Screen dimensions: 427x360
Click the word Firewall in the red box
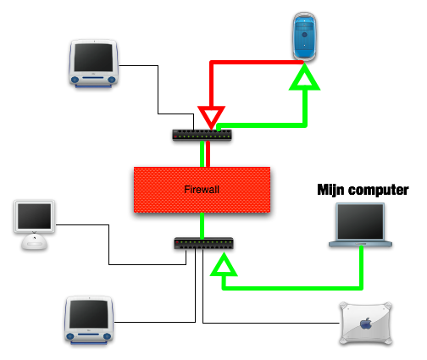pyautogui.click(x=202, y=190)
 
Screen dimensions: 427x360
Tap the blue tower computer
pyautogui.click(x=304, y=36)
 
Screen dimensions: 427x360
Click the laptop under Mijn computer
pyautogui.click(x=360, y=224)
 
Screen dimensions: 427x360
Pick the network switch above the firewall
pyautogui.click(x=202, y=135)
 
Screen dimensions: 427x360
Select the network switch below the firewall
pyautogui.click(x=204, y=243)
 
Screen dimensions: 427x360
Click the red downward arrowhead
pyautogui.click(x=211, y=117)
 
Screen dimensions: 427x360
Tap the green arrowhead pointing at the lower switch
pyautogui.click(x=224, y=264)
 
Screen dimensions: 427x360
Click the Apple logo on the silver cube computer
pyautogui.click(x=366, y=324)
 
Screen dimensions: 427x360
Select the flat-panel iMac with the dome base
pyautogui.click(x=35, y=224)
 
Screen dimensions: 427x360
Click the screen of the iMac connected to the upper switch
pyautogui.click(x=93, y=58)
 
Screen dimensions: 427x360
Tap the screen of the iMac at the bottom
pyautogui.click(x=89, y=314)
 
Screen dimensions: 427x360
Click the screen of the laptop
pyautogui.click(x=360, y=222)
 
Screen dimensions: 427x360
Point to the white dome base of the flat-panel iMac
pyautogui.click(x=35, y=242)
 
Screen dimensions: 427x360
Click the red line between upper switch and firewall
pyautogui.click(x=208, y=154)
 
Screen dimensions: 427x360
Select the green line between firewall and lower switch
pyautogui.click(x=202, y=225)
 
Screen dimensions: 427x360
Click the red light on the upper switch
pyautogui.click(x=175, y=137)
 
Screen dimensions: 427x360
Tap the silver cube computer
pyautogui.click(x=366, y=324)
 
